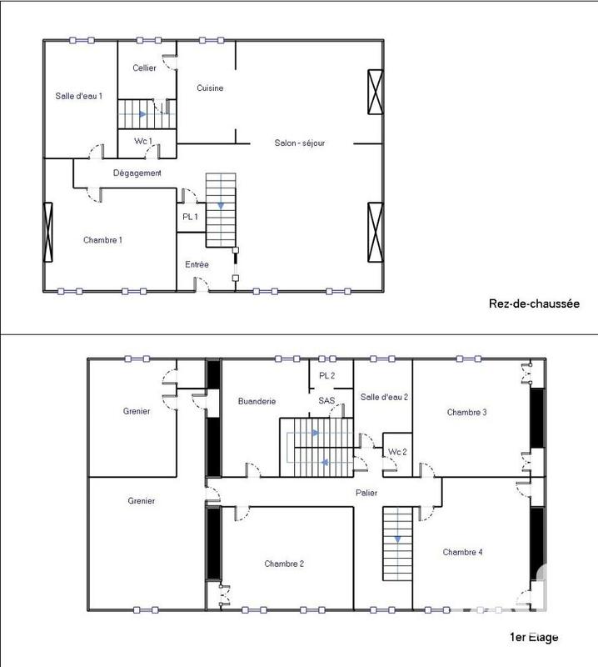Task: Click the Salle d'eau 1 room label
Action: (79, 96)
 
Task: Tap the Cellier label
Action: (144, 68)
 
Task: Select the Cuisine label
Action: (210, 88)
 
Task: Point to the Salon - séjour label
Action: (299, 143)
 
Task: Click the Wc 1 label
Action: (143, 142)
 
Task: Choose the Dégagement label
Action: (137, 173)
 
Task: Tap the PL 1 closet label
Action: (190, 217)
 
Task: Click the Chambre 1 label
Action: (103, 240)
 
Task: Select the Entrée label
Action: (197, 264)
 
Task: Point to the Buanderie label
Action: (256, 401)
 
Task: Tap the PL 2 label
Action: (326, 375)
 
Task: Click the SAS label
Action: (326, 401)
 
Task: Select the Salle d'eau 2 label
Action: (384, 397)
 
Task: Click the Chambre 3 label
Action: (466, 412)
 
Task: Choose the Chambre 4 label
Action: (463, 552)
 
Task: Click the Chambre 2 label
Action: (284, 564)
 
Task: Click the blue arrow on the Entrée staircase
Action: (221, 205)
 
